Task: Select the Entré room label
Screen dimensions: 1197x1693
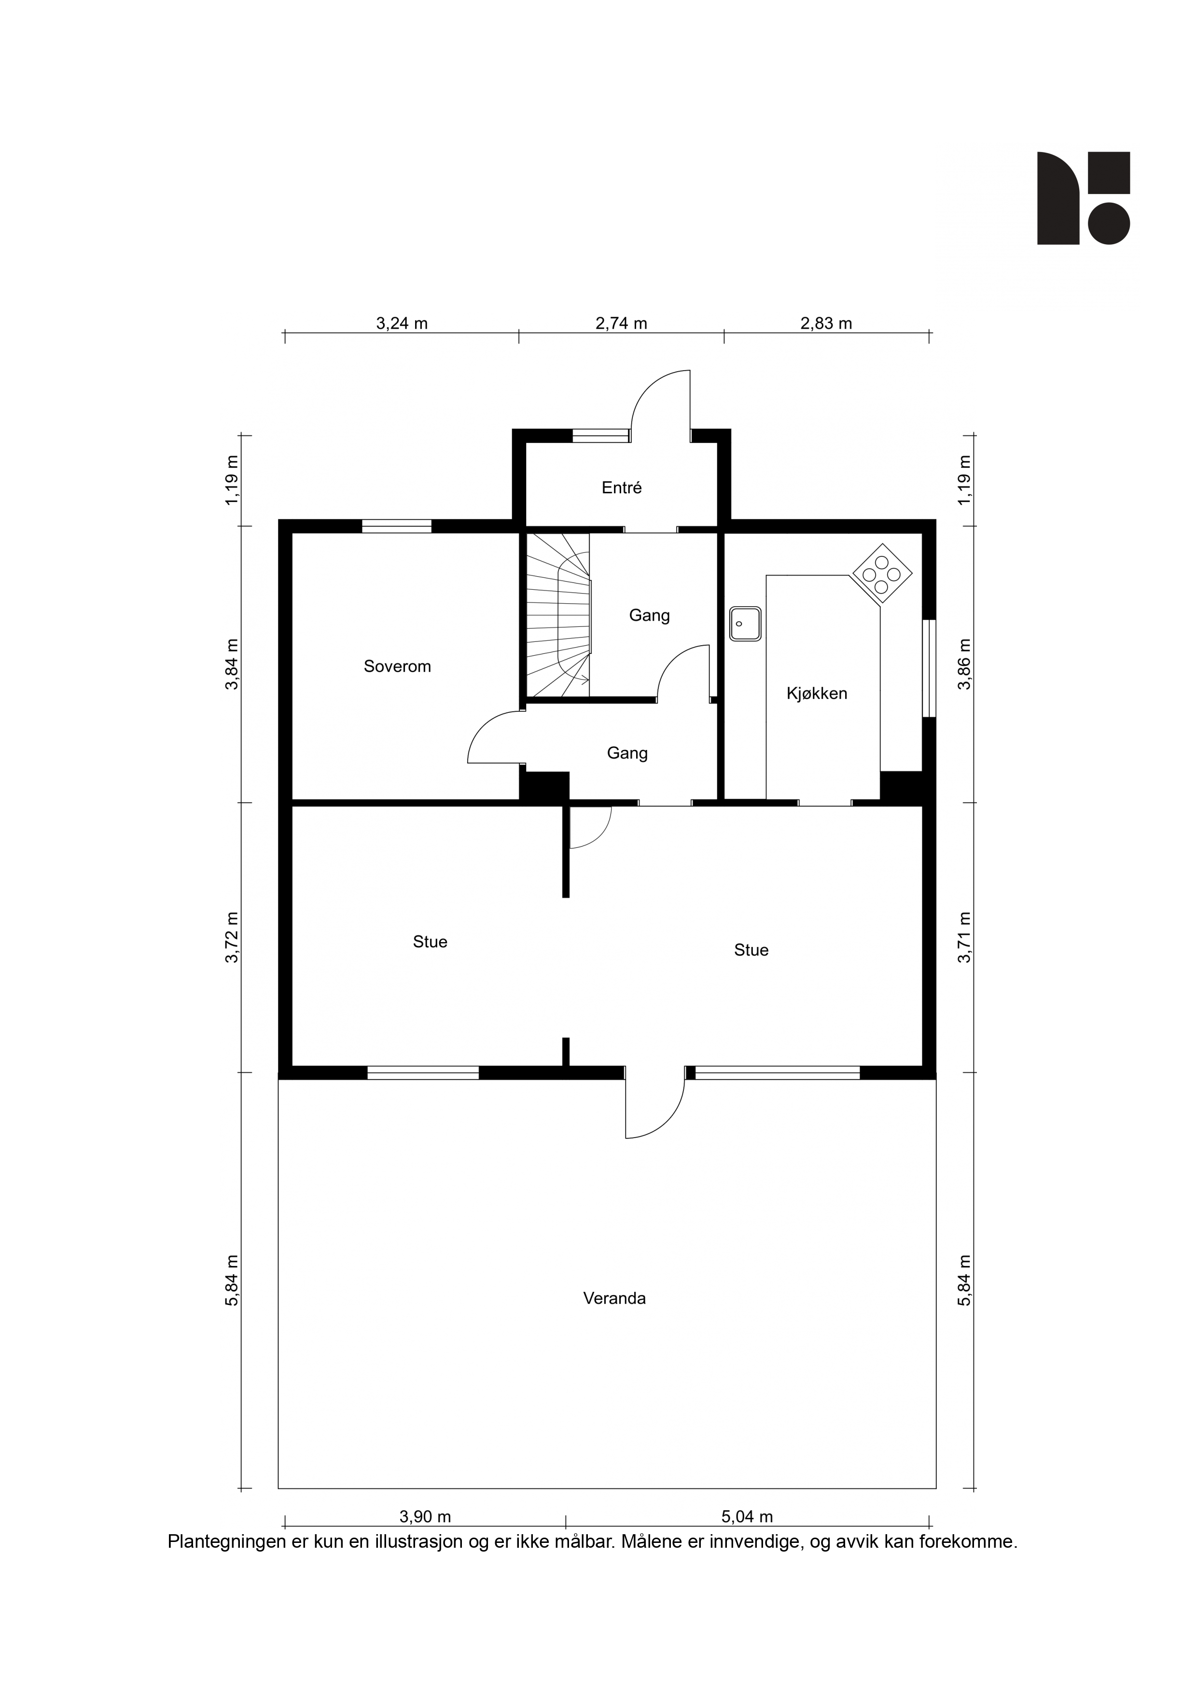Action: coord(622,487)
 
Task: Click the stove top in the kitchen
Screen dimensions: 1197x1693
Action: coord(882,574)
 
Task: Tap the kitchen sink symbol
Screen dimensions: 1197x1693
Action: coord(745,624)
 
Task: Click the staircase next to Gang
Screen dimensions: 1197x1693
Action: coord(558,615)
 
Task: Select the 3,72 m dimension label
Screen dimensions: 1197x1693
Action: coord(232,937)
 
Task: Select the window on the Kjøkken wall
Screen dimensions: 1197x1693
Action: coord(929,668)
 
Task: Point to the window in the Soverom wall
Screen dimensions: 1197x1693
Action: coord(396,527)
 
